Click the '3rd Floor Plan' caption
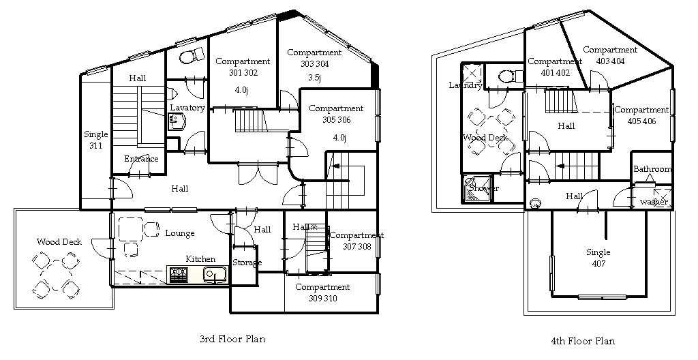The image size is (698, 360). tap(232, 339)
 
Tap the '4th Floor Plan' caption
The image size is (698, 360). tap(583, 342)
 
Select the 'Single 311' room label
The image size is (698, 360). tap(95, 140)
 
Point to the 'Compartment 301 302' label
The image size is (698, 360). tap(243, 67)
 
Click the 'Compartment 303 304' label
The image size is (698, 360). tap(314, 58)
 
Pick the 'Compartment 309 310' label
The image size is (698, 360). tap(322, 292)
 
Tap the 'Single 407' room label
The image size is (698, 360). tap(598, 258)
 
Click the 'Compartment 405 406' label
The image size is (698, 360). tap(641, 115)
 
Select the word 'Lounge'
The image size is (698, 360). tap(180, 233)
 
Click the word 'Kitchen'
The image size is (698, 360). tap(200, 259)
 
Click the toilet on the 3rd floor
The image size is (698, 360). tap(192, 57)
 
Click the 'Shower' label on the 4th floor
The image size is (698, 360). tap(484, 188)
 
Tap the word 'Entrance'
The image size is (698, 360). tap(141, 159)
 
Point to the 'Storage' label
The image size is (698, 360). tap(247, 262)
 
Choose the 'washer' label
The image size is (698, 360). tap(654, 202)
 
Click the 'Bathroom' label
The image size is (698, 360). tap(652, 169)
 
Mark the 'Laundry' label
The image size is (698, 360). tap(466, 85)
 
